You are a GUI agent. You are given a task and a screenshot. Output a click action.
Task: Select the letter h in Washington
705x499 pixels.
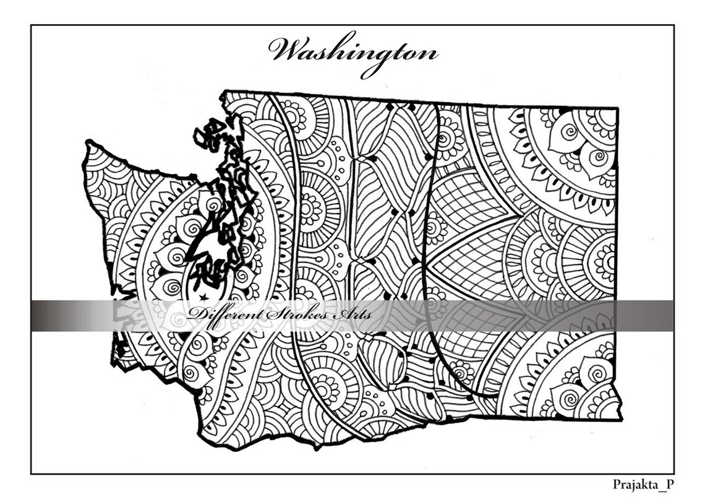click(342, 50)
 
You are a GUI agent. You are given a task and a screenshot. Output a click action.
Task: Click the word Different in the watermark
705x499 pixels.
click(225, 315)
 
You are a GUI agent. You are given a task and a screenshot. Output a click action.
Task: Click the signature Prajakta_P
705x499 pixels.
click(642, 484)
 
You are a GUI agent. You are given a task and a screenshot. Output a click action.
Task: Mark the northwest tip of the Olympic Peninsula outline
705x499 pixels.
click(88, 145)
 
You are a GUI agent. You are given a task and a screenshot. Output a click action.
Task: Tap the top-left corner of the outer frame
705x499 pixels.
click(31, 25)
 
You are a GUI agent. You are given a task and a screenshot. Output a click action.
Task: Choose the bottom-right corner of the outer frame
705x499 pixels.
click(673, 474)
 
